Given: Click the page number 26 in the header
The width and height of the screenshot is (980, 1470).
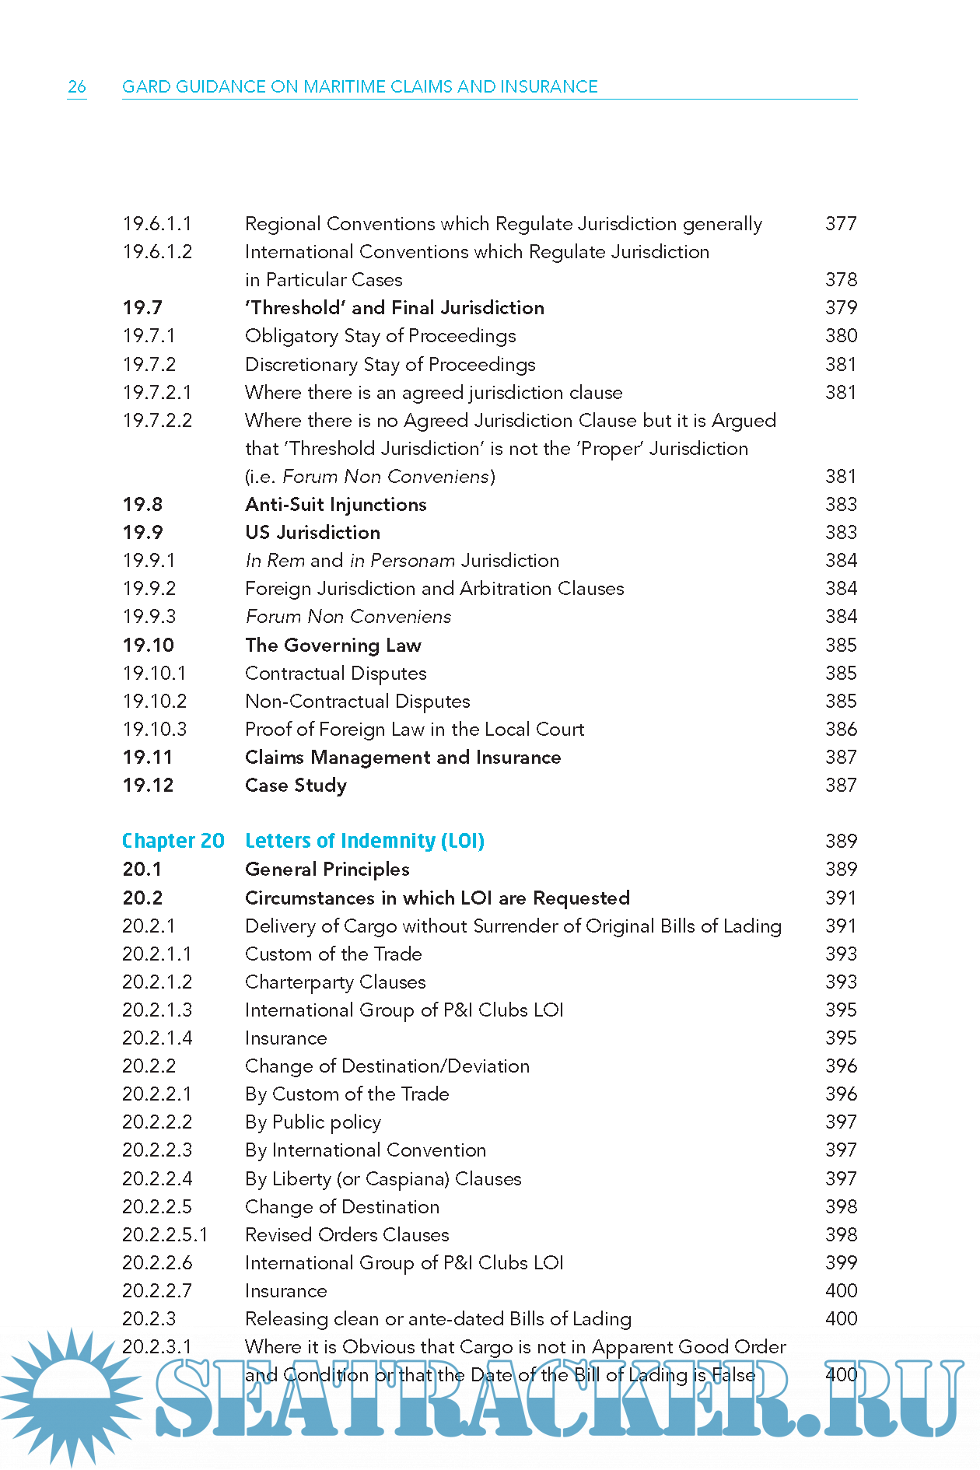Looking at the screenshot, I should pyautogui.click(x=77, y=86).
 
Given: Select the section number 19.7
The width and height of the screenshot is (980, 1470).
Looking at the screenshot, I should pyautogui.click(x=142, y=308).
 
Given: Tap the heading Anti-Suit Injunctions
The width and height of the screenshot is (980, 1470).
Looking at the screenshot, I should pyautogui.click(x=336, y=505).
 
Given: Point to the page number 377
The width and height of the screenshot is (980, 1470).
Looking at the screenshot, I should pyautogui.click(x=841, y=224).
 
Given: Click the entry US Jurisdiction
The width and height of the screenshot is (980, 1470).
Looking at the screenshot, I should pyautogui.click(x=313, y=533).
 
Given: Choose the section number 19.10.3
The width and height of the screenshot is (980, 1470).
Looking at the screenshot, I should pyautogui.click(x=155, y=730).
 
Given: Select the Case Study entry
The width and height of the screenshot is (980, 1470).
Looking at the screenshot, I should pyautogui.click(x=296, y=786).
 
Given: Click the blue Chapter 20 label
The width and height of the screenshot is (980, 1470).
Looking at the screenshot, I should pyautogui.click(x=173, y=841).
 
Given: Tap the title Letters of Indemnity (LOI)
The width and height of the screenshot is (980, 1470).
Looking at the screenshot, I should pyautogui.click(x=365, y=841).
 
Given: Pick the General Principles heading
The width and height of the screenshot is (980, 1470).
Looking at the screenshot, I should pyautogui.click(x=327, y=870).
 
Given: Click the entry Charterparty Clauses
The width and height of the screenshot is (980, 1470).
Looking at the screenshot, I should pyautogui.click(x=335, y=982).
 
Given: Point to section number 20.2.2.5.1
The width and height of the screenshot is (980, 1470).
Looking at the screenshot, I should pyautogui.click(x=165, y=1235).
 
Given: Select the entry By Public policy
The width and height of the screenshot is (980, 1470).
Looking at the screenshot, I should pyautogui.click(x=313, y=1122).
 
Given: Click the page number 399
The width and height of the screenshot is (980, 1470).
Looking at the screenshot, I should pyautogui.click(x=841, y=1263).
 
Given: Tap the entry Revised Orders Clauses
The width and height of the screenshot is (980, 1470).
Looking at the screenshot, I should pyautogui.click(x=347, y=1235).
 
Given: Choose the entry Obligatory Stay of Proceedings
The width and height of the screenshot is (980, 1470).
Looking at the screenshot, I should pyautogui.click(x=380, y=336).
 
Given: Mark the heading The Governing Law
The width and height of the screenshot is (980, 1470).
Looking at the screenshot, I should pyautogui.click(x=333, y=646).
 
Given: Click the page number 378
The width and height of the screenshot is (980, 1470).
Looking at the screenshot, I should pyautogui.click(x=841, y=280).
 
